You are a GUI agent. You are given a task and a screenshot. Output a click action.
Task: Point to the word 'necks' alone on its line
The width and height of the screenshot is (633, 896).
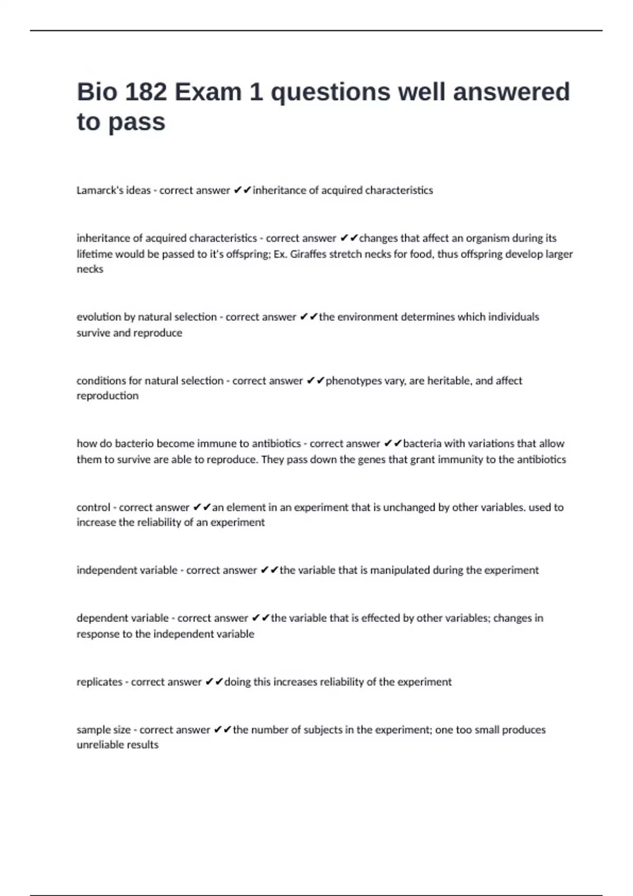point(90,269)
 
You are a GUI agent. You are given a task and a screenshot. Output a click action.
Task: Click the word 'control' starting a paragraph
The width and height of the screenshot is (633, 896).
point(93,507)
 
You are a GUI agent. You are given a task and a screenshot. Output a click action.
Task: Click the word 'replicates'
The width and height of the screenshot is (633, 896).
point(99,681)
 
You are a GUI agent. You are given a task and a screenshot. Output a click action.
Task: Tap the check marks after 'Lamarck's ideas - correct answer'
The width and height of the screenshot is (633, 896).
point(243,190)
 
